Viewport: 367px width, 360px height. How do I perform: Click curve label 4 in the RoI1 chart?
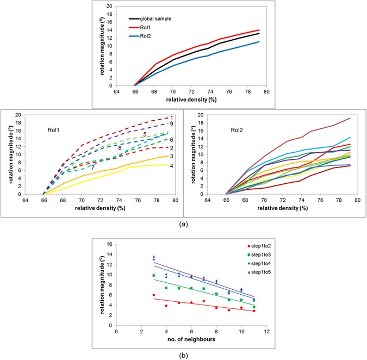(171, 165)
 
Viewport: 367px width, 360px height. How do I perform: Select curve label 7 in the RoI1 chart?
(93, 167)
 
